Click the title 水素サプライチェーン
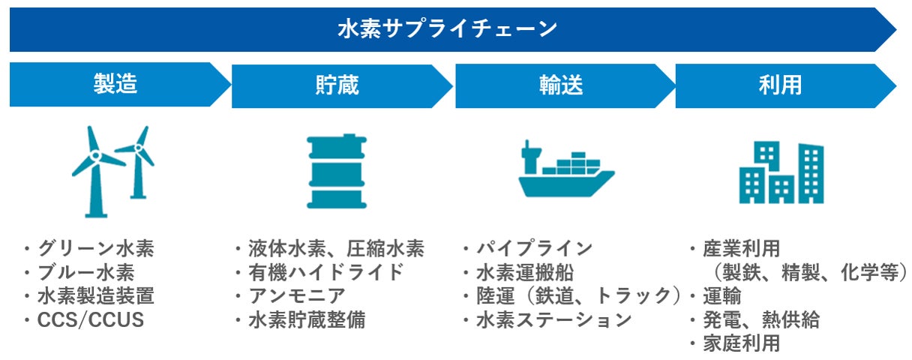448,29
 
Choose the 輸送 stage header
560,85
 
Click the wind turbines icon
113,171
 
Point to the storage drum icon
336,171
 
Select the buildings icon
781,172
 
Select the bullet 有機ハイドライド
326,272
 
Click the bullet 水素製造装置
96,296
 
